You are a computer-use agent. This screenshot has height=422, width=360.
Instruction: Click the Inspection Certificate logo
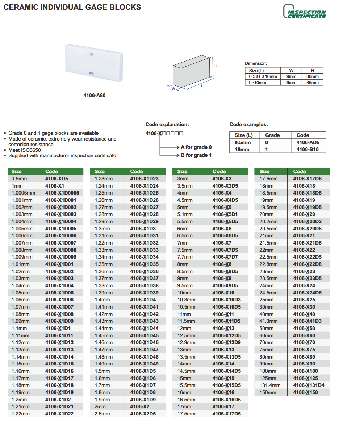click(x=304, y=12)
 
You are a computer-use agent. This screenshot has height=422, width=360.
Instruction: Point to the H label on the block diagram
click(x=216, y=66)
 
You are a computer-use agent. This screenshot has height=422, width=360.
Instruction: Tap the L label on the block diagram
click(x=202, y=85)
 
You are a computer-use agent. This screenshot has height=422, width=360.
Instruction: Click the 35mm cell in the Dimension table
click(x=312, y=83)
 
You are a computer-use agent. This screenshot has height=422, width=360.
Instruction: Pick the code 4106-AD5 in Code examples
click(x=308, y=142)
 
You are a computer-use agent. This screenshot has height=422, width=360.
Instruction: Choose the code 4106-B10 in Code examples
click(x=307, y=149)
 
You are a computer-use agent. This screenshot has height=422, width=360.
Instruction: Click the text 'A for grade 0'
click(x=196, y=147)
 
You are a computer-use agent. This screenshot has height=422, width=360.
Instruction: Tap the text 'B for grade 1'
click(x=196, y=155)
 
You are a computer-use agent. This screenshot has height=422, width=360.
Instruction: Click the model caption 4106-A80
click(x=94, y=96)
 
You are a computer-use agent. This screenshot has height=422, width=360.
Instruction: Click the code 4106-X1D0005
click(x=62, y=193)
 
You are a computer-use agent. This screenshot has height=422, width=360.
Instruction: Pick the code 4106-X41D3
click(x=307, y=321)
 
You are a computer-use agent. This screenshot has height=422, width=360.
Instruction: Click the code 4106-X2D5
click(x=143, y=414)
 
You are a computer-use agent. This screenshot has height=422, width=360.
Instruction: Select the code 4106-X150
click(x=305, y=392)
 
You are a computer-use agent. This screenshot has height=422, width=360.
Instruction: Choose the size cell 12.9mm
click(x=186, y=342)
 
